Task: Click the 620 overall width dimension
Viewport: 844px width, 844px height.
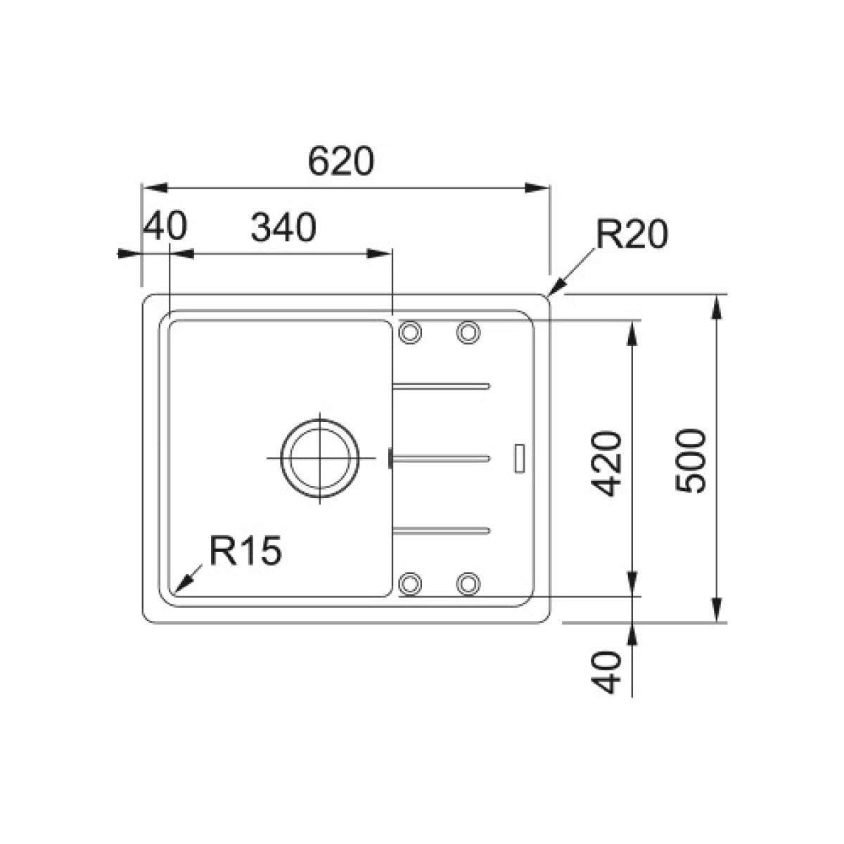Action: point(341,161)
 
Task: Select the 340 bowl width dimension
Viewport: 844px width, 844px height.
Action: point(283,227)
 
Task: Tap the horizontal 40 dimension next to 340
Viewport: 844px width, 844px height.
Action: point(165,226)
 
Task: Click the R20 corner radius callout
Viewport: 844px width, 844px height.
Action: point(632,234)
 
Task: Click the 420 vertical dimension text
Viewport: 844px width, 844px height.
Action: point(606,463)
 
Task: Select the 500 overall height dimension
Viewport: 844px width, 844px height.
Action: point(691,461)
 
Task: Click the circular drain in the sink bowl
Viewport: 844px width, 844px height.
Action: point(320,458)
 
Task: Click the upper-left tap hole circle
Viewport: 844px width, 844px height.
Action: point(410,332)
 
